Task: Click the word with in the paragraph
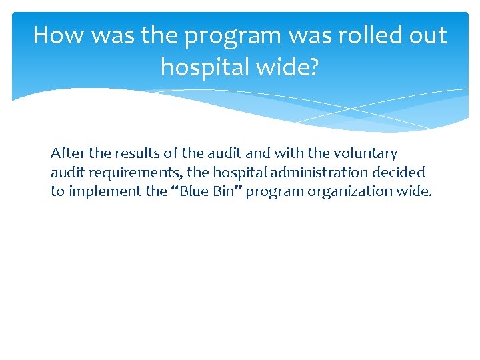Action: pyautogui.click(x=271, y=153)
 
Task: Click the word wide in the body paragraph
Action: pyautogui.click(x=415, y=191)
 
